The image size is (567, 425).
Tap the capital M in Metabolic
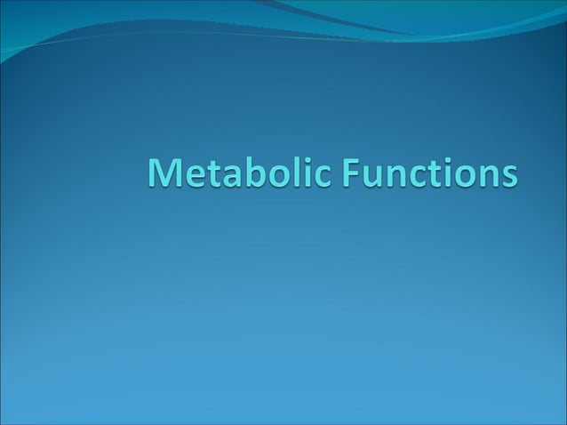pos(164,172)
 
